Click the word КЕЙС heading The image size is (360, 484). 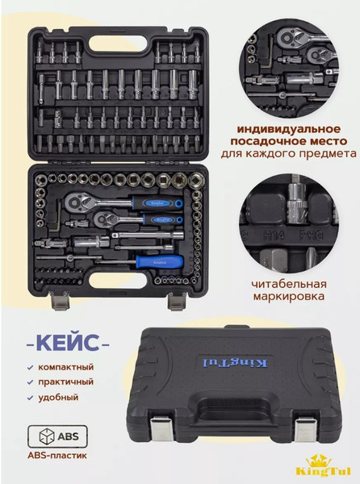coord(68,344)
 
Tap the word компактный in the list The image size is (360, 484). coord(65,367)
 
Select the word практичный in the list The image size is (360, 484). coord(65,382)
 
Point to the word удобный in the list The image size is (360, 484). coord(58,397)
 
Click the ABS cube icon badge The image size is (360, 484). coord(58,436)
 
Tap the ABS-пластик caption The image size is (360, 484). coord(57,455)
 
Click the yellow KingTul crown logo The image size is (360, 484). coord(323,466)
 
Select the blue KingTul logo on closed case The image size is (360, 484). coord(235,363)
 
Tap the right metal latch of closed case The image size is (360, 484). coord(305,429)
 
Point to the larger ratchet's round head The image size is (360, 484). coord(75,202)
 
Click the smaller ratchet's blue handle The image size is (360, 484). coord(163,219)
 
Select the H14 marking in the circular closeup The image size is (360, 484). coord(274,236)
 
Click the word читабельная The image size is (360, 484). coord(289,284)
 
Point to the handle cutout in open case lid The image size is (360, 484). coord(118,44)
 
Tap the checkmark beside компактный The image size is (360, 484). coord(30,368)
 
